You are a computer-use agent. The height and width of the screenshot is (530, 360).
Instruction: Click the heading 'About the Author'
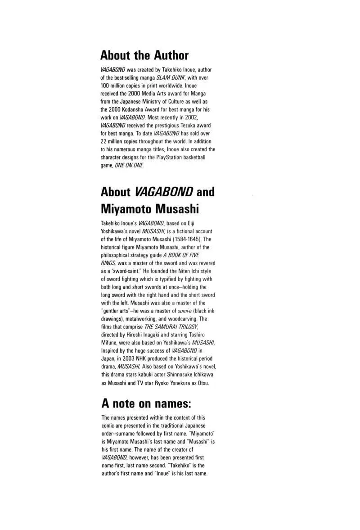tap(144, 56)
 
